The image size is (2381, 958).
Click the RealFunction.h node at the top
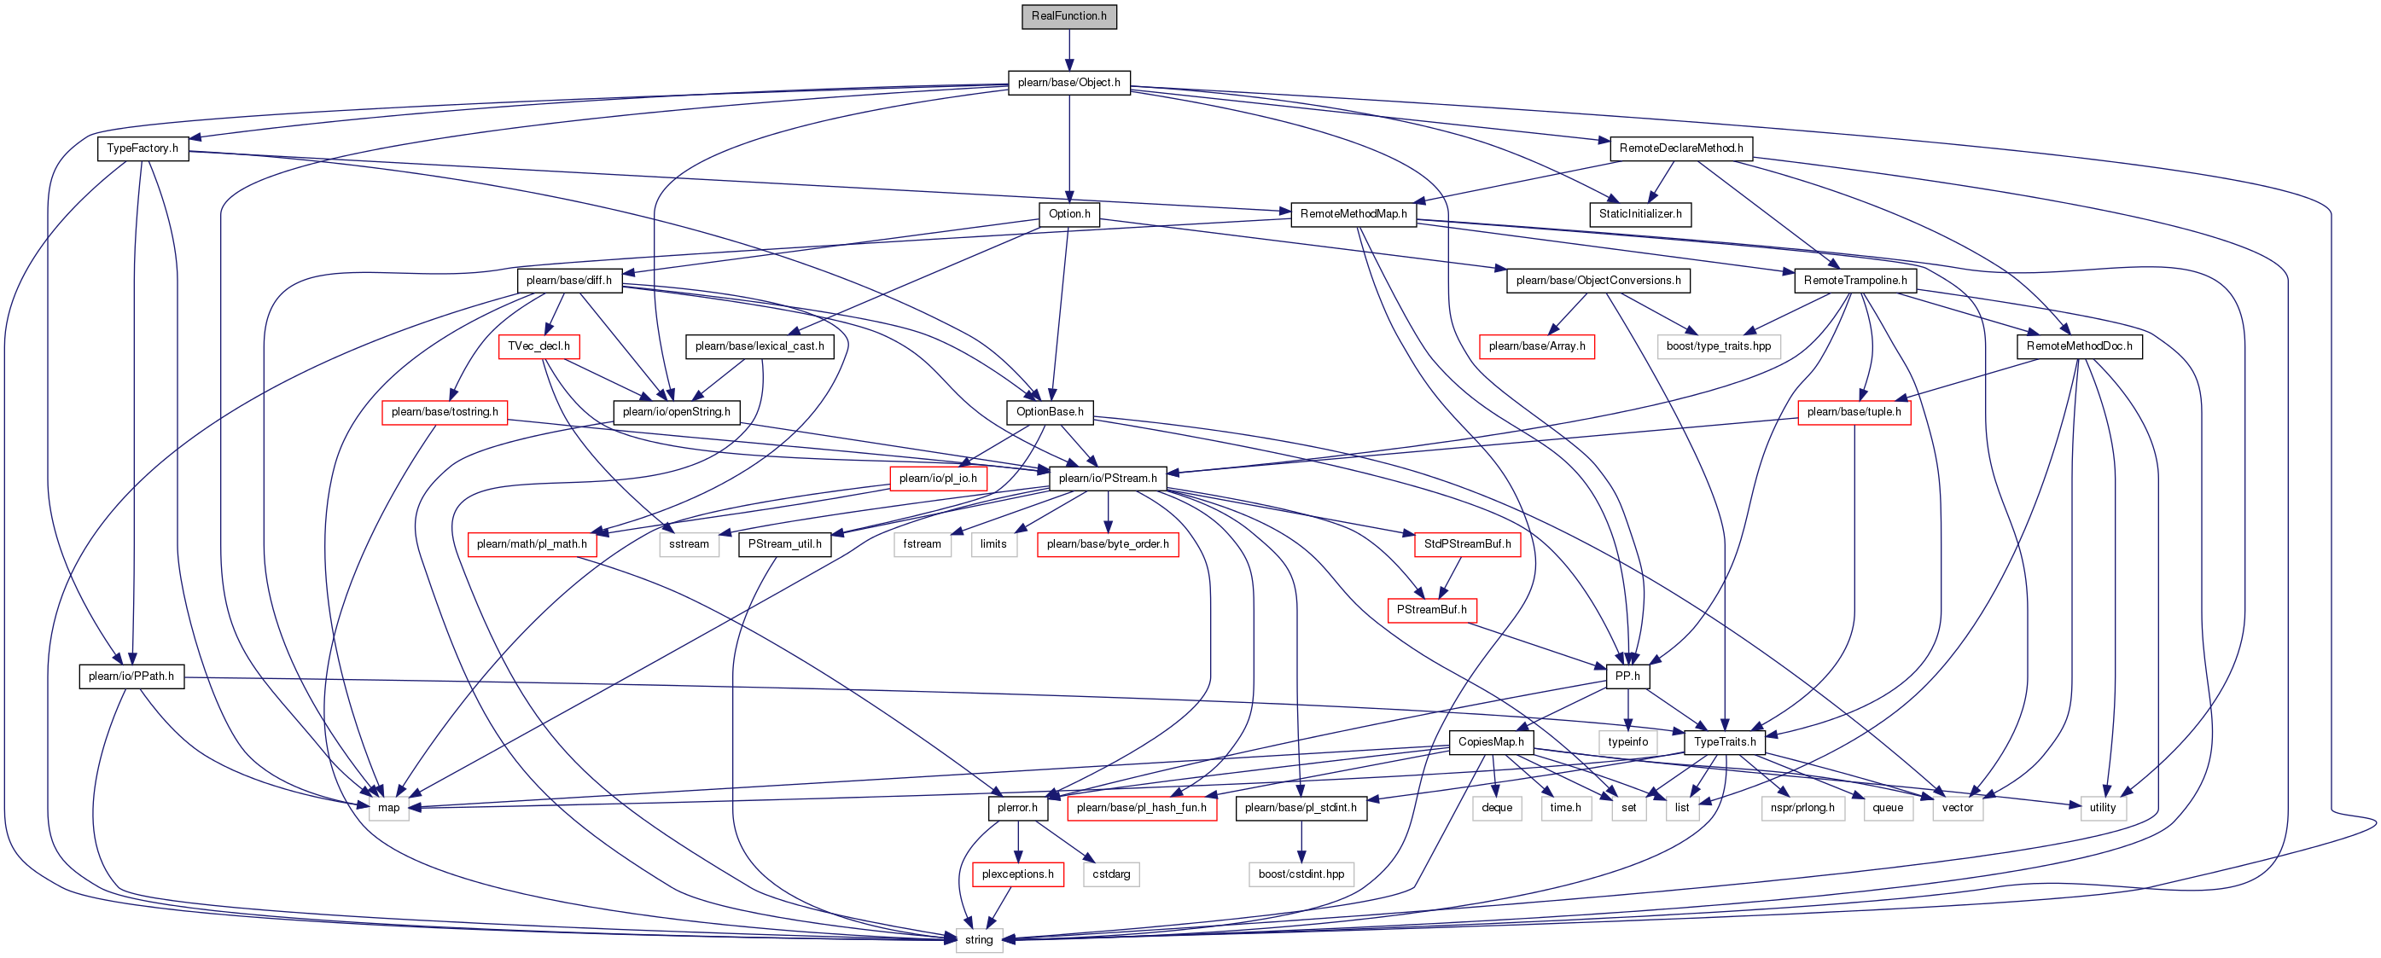coord(1068,15)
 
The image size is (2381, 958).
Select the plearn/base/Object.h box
coord(1068,82)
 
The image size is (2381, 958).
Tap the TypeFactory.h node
coord(143,148)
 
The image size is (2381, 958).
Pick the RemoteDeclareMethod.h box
coord(1680,148)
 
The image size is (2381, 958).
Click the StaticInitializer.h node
coord(1639,213)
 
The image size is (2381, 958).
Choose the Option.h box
coord(1068,213)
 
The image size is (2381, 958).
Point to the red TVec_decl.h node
coord(538,345)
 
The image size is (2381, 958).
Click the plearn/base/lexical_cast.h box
coord(759,345)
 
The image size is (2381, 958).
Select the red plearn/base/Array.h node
coord(1536,345)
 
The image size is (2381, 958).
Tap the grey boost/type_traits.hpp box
coord(1718,345)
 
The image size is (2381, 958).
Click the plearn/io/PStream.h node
coord(1108,478)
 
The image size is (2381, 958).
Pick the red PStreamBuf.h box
coord(1431,610)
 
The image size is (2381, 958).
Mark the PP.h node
coord(1627,676)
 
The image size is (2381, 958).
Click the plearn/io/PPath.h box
coord(131,676)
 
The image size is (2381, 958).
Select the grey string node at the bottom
coord(978,939)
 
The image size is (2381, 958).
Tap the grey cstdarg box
coord(1111,873)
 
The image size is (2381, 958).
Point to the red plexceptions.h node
coord(1016,873)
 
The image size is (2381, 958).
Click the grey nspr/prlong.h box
coord(1802,807)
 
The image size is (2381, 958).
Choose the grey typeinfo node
coord(1627,741)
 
